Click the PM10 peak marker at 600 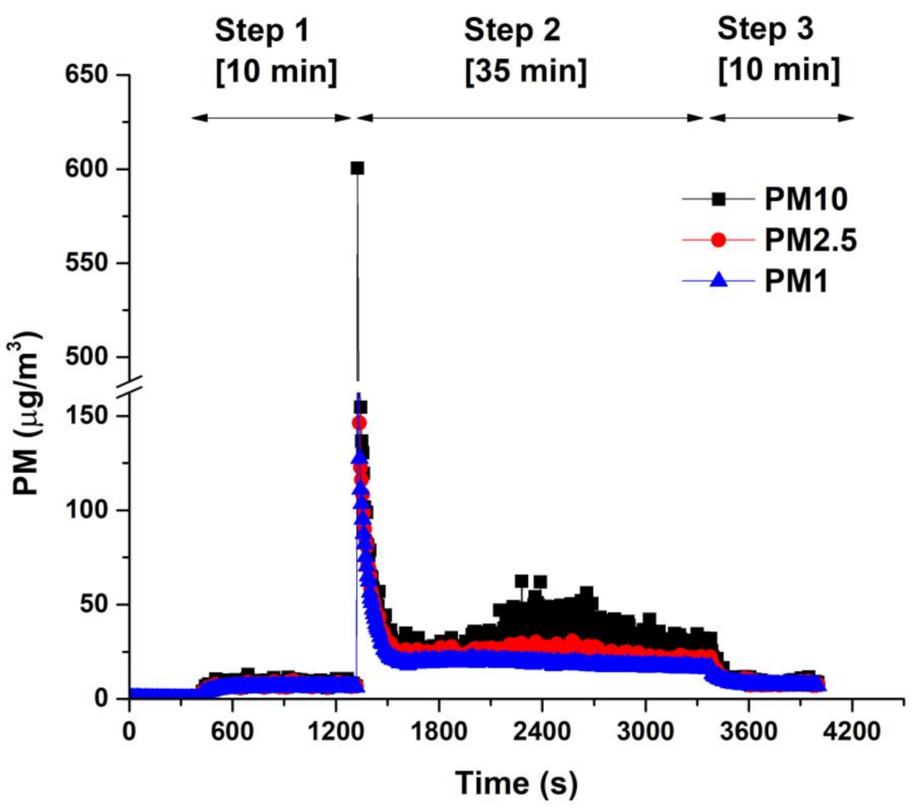357,168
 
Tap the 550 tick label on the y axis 89,263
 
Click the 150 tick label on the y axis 89,416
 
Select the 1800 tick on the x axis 439,698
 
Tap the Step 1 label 264,31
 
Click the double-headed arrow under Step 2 530,118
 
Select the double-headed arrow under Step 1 271,118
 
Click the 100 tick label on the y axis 89,510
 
